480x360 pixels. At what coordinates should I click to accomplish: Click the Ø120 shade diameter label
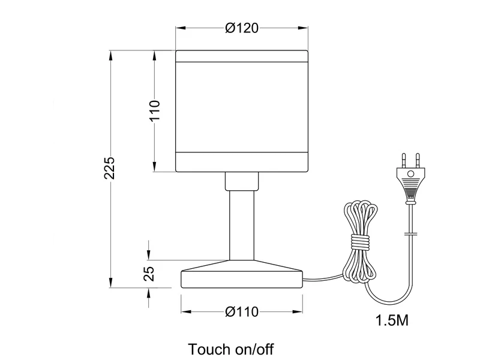coord(242,28)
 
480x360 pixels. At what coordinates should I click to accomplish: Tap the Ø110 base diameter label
coord(242,312)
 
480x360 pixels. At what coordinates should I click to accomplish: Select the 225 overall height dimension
coord(109,168)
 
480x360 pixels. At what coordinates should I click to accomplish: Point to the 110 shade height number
coord(155,110)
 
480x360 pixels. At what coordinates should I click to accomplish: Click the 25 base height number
coord(149,274)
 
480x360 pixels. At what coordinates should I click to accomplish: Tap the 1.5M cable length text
coord(392,320)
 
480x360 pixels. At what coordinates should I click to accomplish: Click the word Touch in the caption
coord(209,349)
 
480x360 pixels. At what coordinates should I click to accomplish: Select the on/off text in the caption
coord(254,349)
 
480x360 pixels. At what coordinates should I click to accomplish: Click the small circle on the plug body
coord(411,174)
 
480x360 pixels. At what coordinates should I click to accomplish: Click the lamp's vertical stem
coord(242,226)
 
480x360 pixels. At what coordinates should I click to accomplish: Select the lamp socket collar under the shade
coord(242,181)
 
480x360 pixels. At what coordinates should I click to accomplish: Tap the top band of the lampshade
coord(242,56)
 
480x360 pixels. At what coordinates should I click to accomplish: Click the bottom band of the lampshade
coord(242,161)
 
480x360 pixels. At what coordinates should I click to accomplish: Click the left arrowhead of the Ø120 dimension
coord(181,28)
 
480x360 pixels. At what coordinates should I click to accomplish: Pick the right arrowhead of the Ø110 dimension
coord(298,312)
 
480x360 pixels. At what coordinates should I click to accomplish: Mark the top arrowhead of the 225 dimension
coord(110,56)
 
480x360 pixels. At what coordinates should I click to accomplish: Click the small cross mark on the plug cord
coord(411,235)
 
